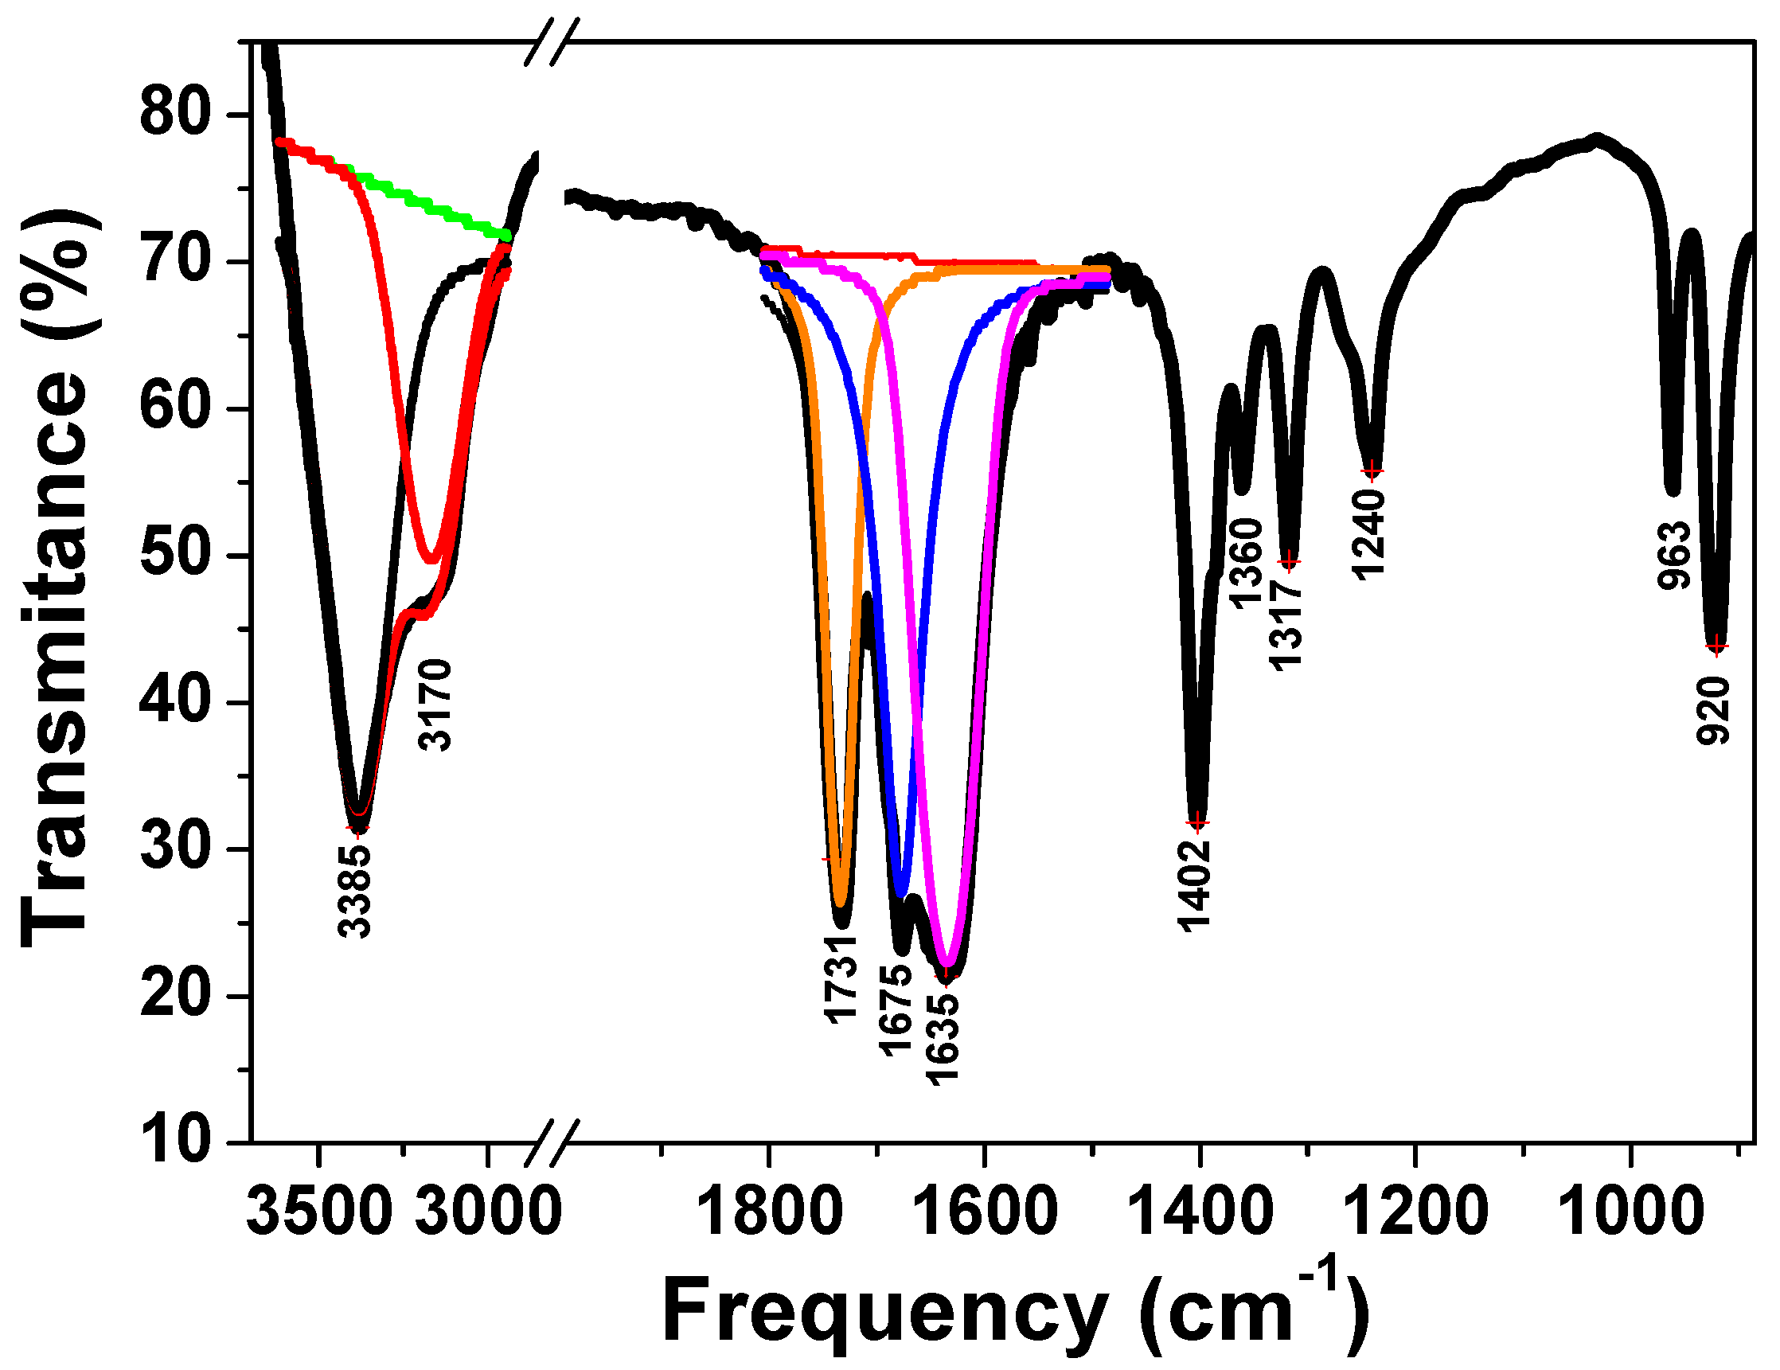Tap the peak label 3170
click(435, 705)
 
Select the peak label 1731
click(841, 979)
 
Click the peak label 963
click(1675, 556)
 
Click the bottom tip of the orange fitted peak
click(841, 903)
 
